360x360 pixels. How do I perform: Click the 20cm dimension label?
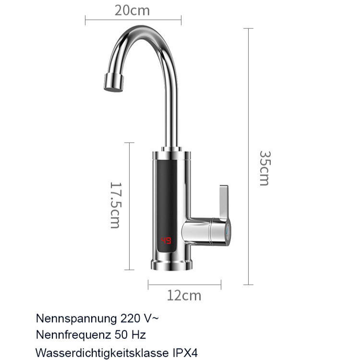(132, 10)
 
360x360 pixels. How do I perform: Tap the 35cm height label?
(264, 168)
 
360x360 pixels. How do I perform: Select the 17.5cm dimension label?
(115, 204)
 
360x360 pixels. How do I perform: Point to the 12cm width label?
(184, 295)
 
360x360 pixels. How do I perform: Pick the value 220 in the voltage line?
(129, 318)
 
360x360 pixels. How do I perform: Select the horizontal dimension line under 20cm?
(133, 20)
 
